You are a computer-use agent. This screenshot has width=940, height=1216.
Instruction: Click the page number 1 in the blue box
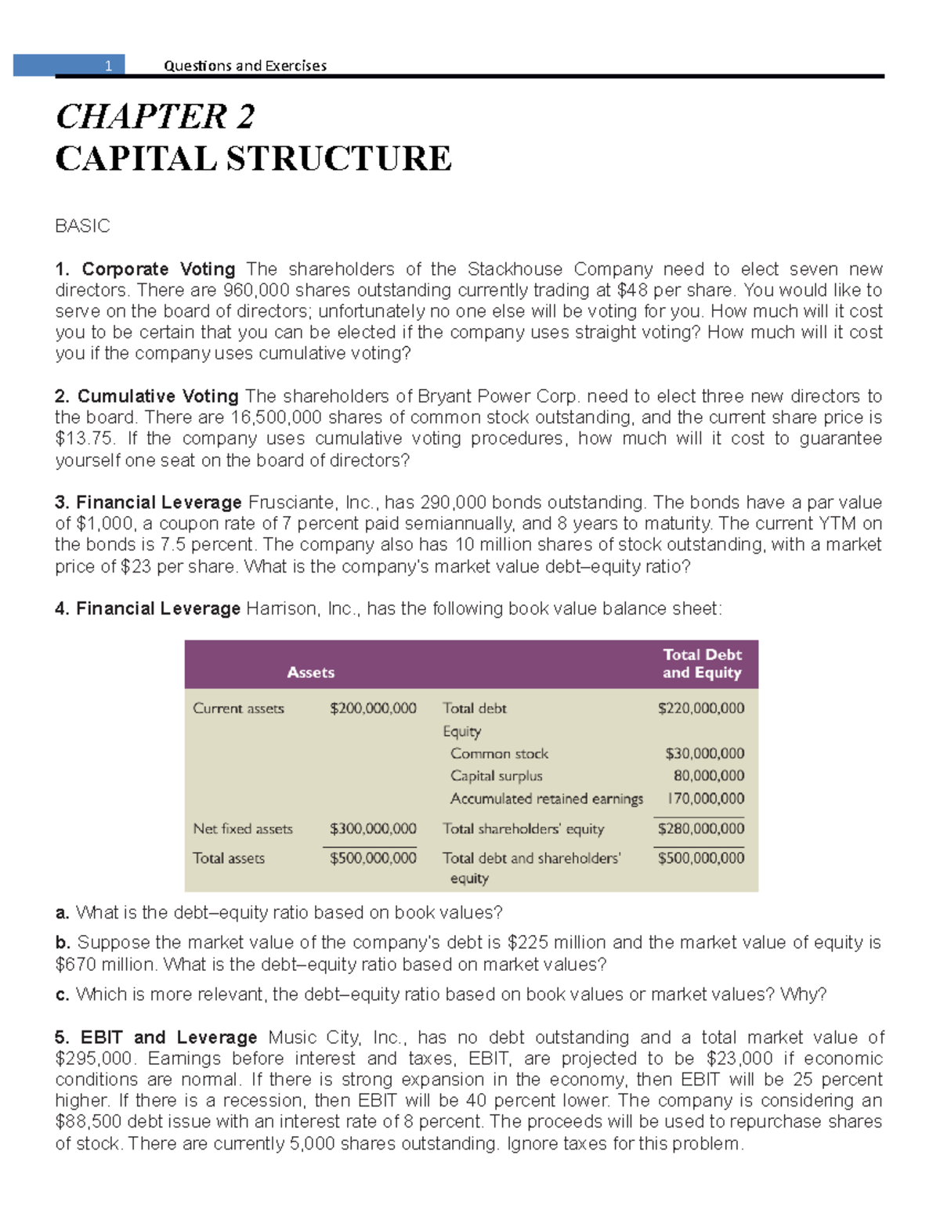[x=109, y=66]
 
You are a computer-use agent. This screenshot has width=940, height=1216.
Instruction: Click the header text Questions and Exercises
[x=244, y=66]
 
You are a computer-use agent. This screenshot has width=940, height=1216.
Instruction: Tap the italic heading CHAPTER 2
[x=155, y=117]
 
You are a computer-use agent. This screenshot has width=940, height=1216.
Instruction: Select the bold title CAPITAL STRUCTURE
[x=253, y=158]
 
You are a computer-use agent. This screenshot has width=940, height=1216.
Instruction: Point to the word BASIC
[x=82, y=226]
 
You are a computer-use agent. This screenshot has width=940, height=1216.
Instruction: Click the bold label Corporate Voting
[x=158, y=269]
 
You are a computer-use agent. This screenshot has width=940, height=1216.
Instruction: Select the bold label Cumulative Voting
[x=157, y=396]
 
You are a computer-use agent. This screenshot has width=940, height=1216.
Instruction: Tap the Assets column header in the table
[x=310, y=673]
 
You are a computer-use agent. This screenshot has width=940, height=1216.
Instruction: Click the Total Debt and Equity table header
[x=701, y=664]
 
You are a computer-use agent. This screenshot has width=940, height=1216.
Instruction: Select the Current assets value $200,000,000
[x=373, y=709]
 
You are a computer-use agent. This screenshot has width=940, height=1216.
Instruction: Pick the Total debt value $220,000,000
[x=701, y=709]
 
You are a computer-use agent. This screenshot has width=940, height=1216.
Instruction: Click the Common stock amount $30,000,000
[x=704, y=753]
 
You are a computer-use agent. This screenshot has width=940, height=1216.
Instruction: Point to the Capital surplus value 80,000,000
[x=708, y=776]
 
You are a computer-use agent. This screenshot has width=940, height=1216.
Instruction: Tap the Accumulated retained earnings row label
[x=546, y=799]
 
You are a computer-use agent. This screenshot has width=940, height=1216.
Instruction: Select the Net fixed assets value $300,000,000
[x=373, y=828]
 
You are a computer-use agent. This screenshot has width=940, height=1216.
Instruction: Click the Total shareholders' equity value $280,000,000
[x=701, y=828]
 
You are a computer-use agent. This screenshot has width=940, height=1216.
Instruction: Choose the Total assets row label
[x=229, y=858]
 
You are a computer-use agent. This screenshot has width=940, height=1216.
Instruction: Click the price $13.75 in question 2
[x=85, y=438]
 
